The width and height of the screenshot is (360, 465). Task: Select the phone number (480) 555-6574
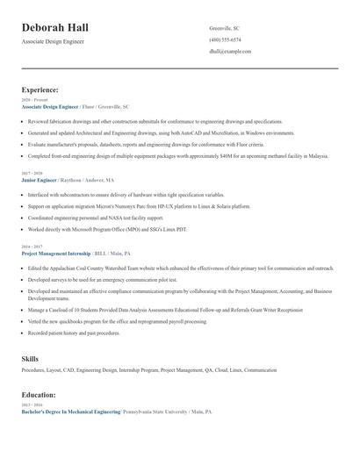point(225,39)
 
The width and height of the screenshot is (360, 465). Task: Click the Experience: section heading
point(40,89)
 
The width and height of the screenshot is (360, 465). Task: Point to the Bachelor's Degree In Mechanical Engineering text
point(71,411)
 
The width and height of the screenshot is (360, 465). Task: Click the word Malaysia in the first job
point(317,155)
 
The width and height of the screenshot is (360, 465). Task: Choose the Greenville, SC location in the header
point(224,28)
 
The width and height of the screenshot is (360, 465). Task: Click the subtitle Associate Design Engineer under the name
point(54,41)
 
